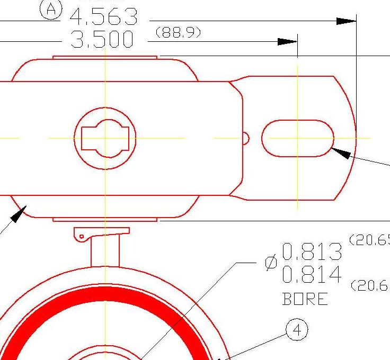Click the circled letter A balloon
(51, 9)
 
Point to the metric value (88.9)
(178, 33)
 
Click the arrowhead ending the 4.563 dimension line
(347, 21)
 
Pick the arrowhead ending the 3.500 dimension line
(288, 42)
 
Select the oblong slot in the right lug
(297, 138)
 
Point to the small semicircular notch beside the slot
(245, 138)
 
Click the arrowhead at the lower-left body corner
(17, 214)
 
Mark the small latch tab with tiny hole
(84, 233)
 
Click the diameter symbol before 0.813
(271, 263)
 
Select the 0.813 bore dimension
(312, 252)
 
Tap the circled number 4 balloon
(296, 330)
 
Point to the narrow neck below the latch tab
(105, 251)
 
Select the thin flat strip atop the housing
(105, 57)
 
